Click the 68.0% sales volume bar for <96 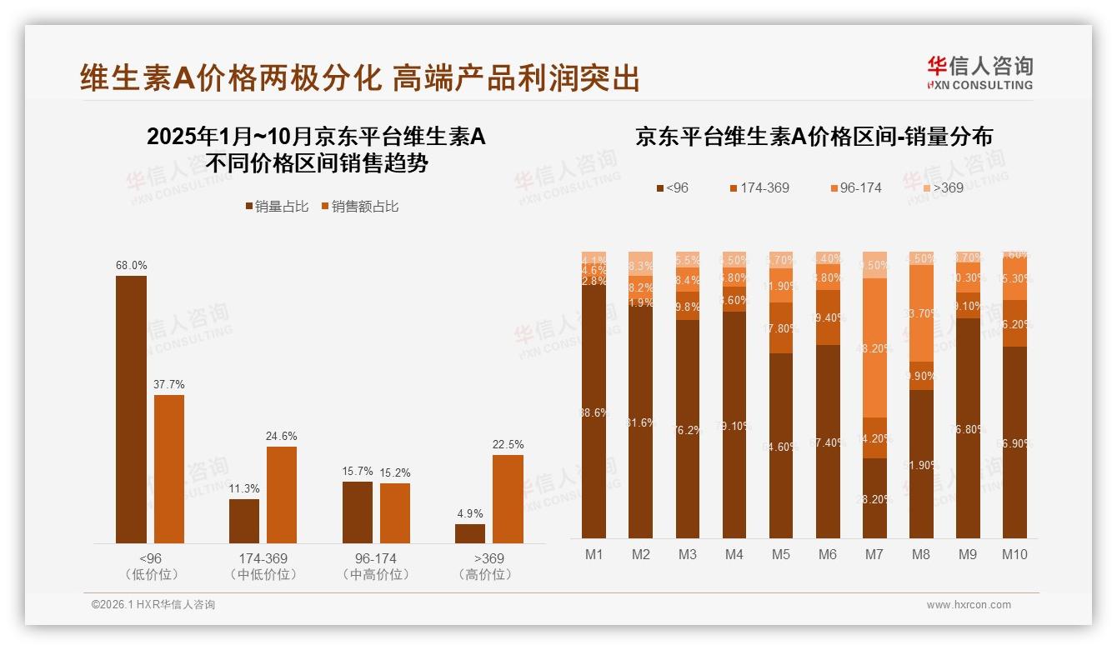(x=131, y=409)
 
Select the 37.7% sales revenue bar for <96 (x=169, y=469)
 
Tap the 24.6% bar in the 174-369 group (x=282, y=495)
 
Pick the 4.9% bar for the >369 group (x=470, y=533)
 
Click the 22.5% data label (x=508, y=444)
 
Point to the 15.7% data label (x=358, y=471)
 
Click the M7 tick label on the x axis (x=874, y=554)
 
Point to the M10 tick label (x=1014, y=554)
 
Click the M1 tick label (x=594, y=554)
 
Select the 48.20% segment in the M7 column (x=874, y=347)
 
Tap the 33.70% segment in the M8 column (x=921, y=313)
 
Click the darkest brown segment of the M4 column (x=734, y=425)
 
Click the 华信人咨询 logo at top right (x=979, y=72)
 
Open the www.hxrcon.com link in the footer (x=969, y=605)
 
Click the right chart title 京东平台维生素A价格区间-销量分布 (x=814, y=136)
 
